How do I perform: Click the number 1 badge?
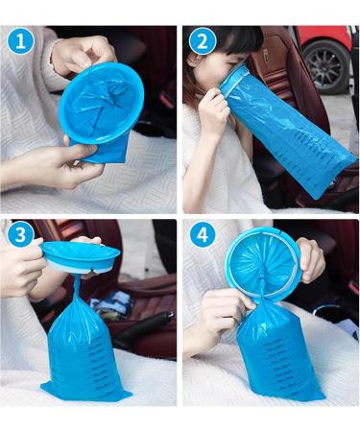20,43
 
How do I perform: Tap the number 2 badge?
202,43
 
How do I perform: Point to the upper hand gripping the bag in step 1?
82,53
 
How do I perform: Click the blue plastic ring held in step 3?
82,255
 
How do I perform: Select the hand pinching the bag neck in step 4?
226,312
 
